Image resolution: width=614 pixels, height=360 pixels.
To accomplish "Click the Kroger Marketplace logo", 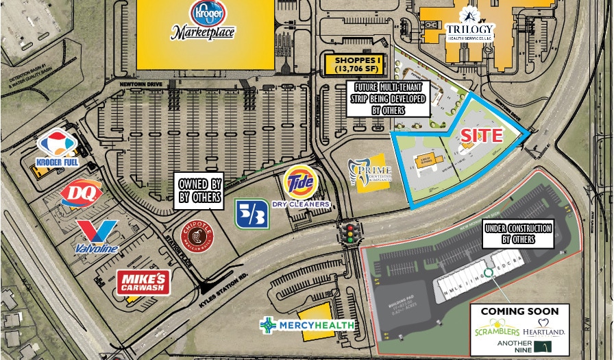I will pyautogui.click(x=203, y=20).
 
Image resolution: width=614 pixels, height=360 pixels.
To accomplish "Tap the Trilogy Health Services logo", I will pyautogui.click(x=470, y=25).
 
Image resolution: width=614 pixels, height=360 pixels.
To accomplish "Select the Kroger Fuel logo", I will pyautogui.click(x=58, y=149).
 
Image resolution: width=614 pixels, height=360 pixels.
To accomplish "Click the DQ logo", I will pyautogui.click(x=81, y=193).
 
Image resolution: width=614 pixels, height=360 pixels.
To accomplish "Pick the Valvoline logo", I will pyautogui.click(x=97, y=236).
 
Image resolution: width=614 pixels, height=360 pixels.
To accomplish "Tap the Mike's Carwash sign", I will pyautogui.click(x=143, y=282).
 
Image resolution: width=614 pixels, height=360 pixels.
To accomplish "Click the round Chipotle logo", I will pyautogui.click(x=195, y=237).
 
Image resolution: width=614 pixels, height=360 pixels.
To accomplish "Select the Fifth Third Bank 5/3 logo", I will pyautogui.click(x=251, y=214).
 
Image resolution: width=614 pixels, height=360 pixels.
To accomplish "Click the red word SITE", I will pyautogui.click(x=481, y=136).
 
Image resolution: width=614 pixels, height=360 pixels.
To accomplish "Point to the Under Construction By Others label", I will pyautogui.click(x=519, y=234).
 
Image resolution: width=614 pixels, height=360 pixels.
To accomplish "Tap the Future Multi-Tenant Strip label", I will pyautogui.click(x=388, y=98).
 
